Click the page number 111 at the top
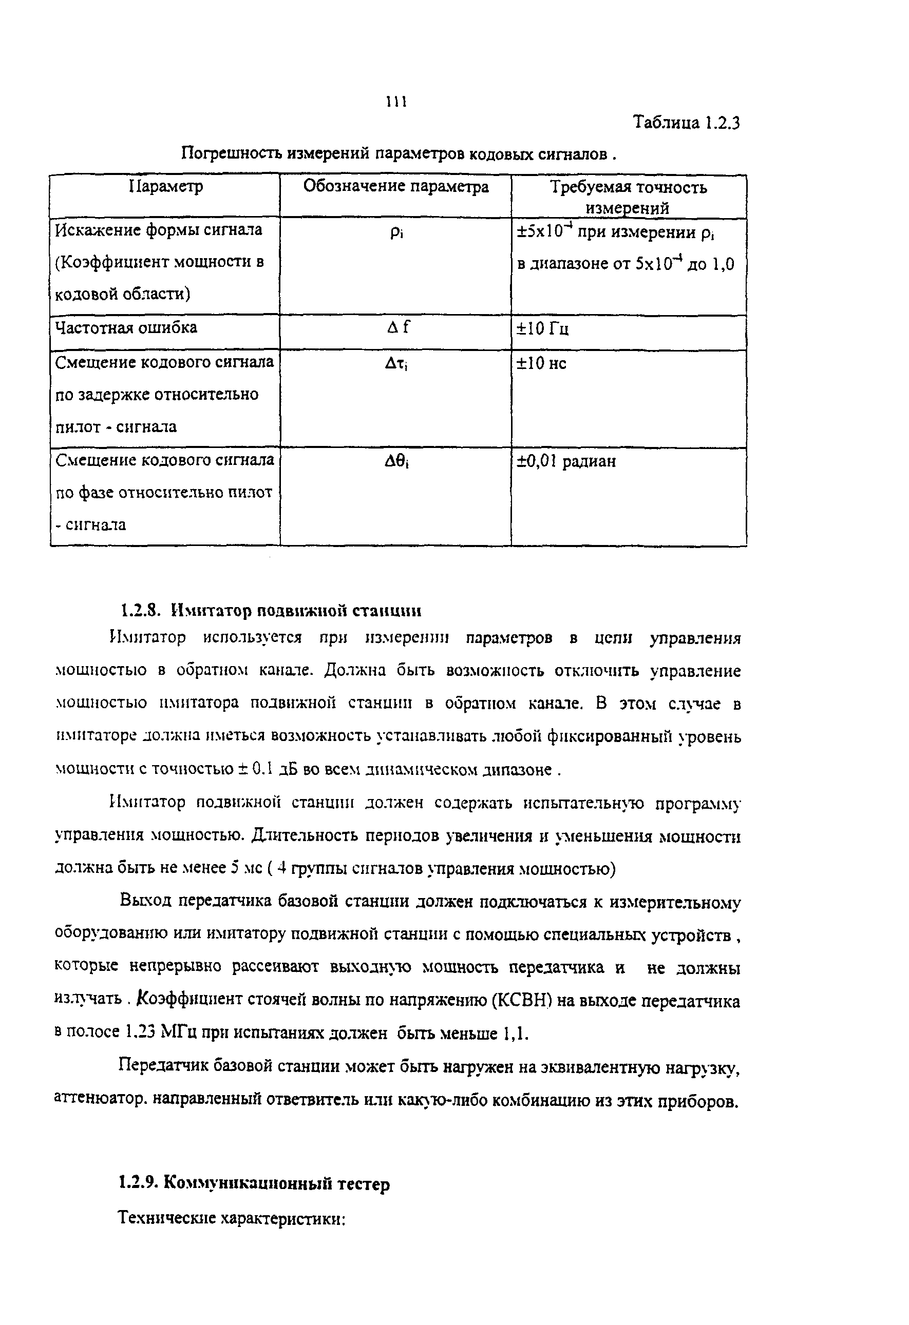pos(396,102)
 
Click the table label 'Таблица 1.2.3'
pos(687,123)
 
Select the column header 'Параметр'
pos(165,186)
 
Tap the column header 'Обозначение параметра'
pos(395,186)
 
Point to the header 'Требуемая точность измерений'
pos(628,197)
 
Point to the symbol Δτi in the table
pos(396,363)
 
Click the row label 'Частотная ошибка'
pos(126,328)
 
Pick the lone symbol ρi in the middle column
pos(396,233)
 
